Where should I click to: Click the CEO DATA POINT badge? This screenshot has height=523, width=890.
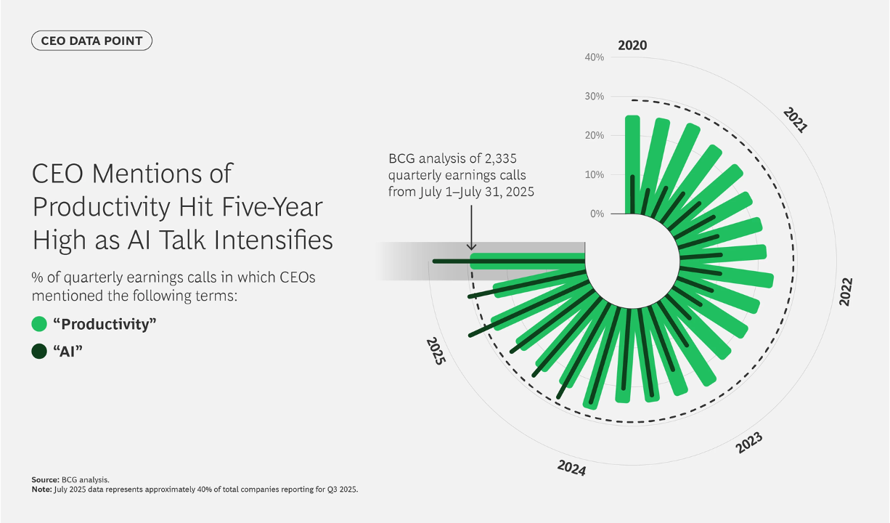click(x=91, y=41)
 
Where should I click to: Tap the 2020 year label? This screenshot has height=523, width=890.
click(x=632, y=46)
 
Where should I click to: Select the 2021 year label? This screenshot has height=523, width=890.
click(x=795, y=119)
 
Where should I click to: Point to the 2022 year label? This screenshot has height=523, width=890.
click(x=846, y=291)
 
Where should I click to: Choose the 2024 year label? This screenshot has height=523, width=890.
click(x=571, y=468)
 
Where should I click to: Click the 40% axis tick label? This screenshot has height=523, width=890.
click(x=594, y=57)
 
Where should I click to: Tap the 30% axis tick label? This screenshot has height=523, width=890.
click(x=594, y=96)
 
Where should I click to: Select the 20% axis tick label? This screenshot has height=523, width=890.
click(x=594, y=135)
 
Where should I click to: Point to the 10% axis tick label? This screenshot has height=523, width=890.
click(x=594, y=174)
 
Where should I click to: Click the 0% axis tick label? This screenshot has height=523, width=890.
click(x=597, y=214)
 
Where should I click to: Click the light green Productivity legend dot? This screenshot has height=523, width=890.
click(x=39, y=324)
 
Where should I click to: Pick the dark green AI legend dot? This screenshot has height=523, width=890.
click(x=39, y=352)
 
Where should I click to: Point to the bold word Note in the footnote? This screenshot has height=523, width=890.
click(x=41, y=490)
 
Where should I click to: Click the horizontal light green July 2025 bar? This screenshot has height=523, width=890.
click(x=528, y=261)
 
